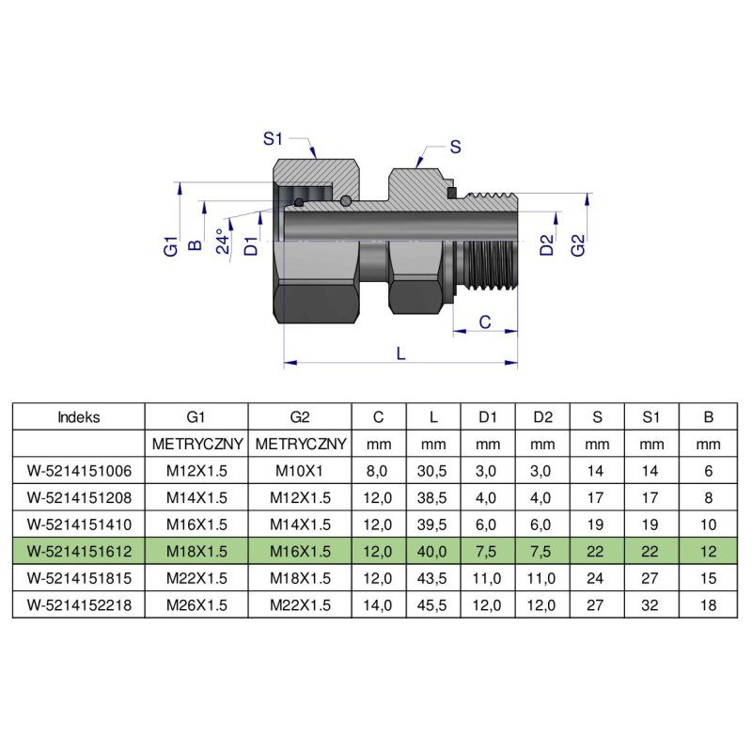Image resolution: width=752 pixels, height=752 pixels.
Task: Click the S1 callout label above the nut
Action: tap(273, 138)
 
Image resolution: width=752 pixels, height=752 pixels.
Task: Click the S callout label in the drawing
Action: tap(456, 147)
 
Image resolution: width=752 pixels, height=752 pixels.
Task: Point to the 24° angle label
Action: tap(222, 242)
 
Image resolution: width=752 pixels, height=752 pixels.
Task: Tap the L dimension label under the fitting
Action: tap(401, 353)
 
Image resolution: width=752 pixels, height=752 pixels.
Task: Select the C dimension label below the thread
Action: tap(484, 321)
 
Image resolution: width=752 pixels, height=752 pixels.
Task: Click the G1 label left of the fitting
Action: tap(170, 247)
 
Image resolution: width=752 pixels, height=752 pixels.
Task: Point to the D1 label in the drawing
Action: tap(250, 246)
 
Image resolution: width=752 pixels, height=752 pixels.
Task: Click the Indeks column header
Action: tap(79, 416)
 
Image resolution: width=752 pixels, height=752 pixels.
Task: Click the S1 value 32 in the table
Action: tap(650, 604)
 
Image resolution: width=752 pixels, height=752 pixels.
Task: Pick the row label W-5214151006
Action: tap(79, 469)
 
